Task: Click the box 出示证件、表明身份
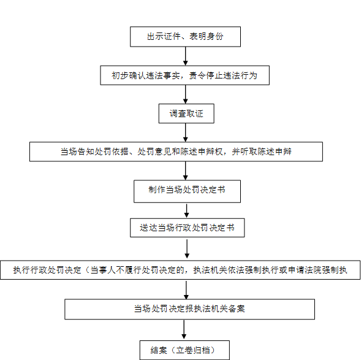tap(185, 37)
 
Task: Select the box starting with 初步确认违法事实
tap(185, 75)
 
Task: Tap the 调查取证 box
tap(186, 113)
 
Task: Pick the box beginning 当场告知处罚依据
tap(176, 151)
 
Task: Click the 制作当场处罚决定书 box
tap(187, 191)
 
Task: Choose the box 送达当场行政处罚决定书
tap(188, 228)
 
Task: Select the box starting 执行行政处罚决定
tap(180, 270)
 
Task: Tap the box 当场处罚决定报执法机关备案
tap(190, 309)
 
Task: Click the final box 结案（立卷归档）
tap(184, 350)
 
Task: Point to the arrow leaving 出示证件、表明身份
tap(185, 56)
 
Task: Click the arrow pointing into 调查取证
tap(185, 94)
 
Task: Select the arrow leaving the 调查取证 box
tap(185, 132)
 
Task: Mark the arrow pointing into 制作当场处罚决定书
tap(185, 170)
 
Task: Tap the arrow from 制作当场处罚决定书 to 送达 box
tap(186, 211)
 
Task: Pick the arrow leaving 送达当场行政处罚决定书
tap(187, 249)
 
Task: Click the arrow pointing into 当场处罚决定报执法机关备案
tap(186, 290)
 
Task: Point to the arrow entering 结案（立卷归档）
tap(184, 329)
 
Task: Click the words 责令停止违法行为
tap(223, 75)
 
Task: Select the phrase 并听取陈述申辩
tap(262, 151)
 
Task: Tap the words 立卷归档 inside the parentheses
tap(193, 350)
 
